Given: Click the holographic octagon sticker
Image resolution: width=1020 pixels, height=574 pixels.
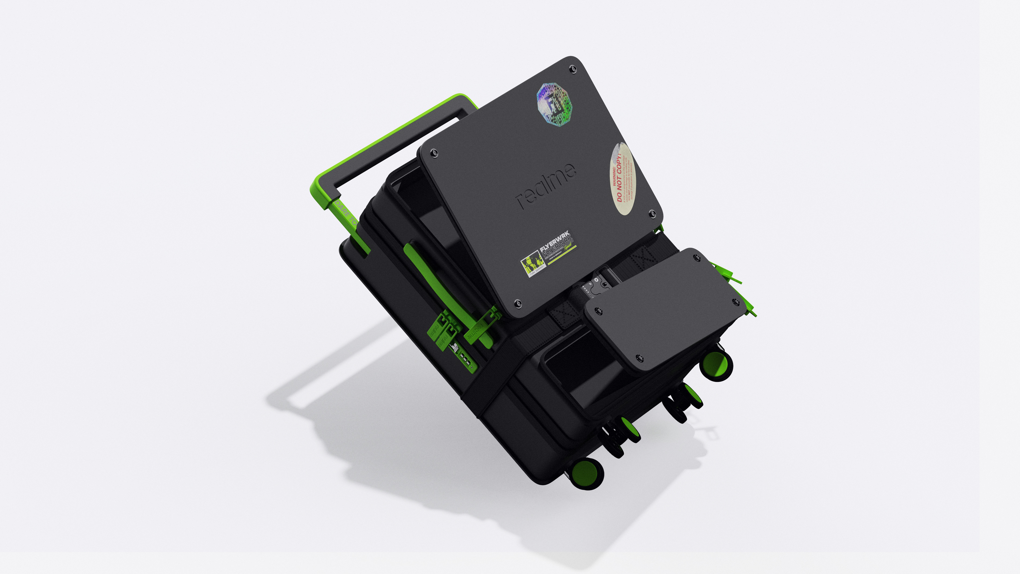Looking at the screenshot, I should tap(554, 105).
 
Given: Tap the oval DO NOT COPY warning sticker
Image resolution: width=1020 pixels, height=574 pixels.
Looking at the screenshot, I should tap(623, 178).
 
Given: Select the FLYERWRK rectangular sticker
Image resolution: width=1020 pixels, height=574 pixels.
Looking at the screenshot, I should tap(548, 254).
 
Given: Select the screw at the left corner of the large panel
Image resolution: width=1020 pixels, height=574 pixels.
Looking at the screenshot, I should tap(434, 153).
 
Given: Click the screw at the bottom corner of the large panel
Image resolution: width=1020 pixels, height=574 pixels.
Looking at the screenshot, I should tap(517, 304).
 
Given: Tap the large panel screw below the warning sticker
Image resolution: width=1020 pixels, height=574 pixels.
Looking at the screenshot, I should tap(652, 214).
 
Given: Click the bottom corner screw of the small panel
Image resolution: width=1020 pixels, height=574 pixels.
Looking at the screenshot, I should tap(638, 359).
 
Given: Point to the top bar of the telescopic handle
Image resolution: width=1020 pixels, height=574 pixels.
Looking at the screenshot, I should tap(392, 139).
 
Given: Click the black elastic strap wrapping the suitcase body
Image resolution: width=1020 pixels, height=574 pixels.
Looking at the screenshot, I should tap(499, 380).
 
